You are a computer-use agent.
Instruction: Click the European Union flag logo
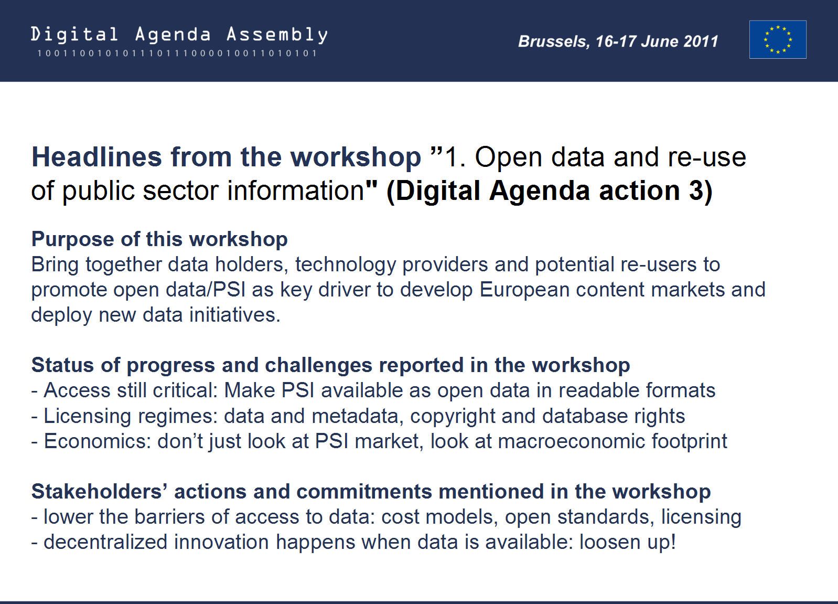778,39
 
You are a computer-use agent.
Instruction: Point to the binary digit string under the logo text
177,53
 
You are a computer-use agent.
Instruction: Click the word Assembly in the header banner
277,35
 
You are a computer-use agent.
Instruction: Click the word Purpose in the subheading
72,240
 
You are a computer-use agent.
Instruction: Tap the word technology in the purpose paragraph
345,265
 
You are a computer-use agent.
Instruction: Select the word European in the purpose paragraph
524,290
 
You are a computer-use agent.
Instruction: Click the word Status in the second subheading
62,365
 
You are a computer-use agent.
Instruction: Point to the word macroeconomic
572,441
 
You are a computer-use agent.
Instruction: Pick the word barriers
169,517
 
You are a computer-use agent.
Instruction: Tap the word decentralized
105,542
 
